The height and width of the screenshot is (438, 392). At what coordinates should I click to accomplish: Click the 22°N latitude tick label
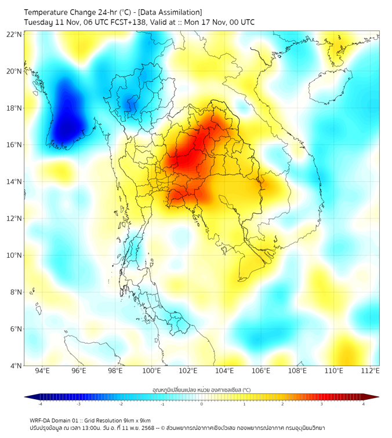click(14, 35)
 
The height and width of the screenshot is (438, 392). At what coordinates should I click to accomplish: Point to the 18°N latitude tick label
click(14, 108)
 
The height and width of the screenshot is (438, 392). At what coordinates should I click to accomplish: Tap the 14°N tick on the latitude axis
click(14, 182)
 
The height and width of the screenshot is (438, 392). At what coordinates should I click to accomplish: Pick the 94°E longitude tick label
click(42, 371)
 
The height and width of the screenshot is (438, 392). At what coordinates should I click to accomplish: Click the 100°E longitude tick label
click(152, 371)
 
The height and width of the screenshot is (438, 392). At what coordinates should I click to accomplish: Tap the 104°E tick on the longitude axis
click(224, 371)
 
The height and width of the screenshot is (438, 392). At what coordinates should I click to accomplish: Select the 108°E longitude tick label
click(297, 371)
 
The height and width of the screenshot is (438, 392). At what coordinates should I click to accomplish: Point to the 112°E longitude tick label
click(371, 371)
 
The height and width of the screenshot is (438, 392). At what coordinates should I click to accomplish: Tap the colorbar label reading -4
click(40, 404)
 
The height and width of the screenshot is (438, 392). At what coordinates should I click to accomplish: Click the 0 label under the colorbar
click(202, 404)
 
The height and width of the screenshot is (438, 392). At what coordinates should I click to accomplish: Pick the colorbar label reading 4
click(364, 404)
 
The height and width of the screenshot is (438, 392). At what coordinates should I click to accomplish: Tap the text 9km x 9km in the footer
click(137, 421)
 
